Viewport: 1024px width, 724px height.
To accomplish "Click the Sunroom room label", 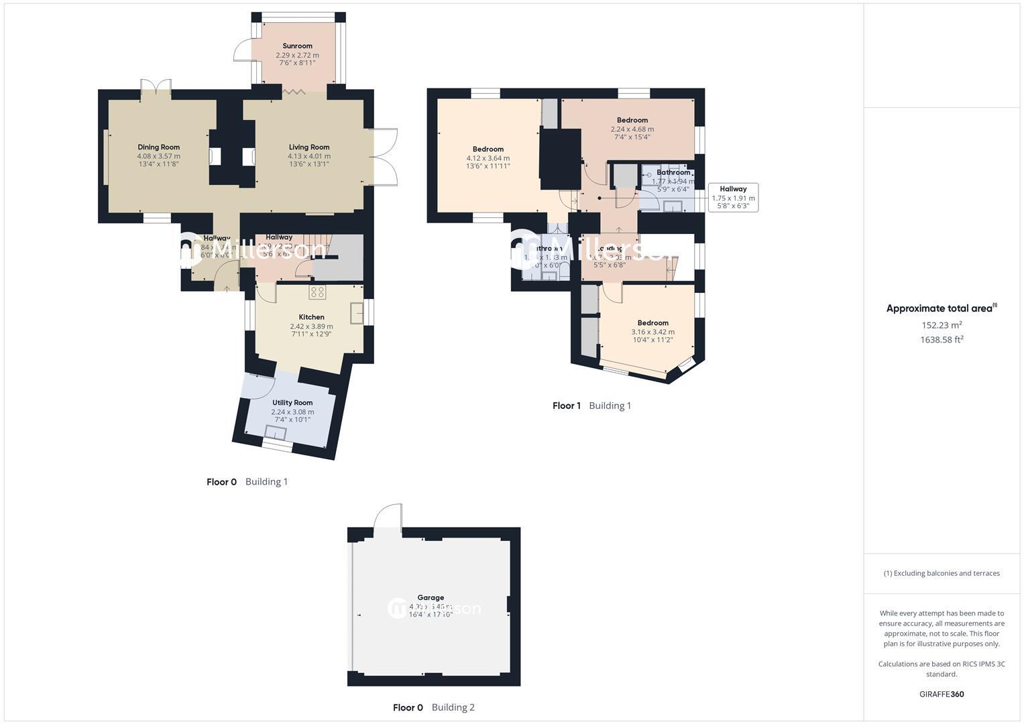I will [297, 46].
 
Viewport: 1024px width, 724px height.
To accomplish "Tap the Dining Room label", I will [159, 147].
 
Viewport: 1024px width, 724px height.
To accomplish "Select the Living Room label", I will [309, 147].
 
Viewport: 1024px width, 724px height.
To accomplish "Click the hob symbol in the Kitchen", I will [317, 292].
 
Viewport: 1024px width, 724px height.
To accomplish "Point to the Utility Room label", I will [292, 403].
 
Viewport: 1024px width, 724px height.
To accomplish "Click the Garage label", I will [431, 597].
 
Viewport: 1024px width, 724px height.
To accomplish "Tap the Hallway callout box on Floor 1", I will [733, 198].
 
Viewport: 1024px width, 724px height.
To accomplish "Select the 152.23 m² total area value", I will [942, 325].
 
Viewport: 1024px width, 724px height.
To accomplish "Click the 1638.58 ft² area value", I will [942, 340].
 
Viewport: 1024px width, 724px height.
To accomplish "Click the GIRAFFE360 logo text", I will [942, 694].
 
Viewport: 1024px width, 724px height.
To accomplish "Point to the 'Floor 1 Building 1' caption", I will [591, 406].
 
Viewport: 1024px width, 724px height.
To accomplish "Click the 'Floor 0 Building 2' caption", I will [433, 707].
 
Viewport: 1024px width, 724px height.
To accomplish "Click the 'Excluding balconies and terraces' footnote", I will [942, 573].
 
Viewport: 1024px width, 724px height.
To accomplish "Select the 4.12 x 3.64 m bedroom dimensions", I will [488, 158].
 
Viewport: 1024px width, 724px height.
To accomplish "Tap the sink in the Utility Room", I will [276, 432].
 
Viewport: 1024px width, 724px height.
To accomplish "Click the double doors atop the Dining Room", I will [156, 88].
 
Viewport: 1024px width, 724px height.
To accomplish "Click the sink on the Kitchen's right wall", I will [357, 313].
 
